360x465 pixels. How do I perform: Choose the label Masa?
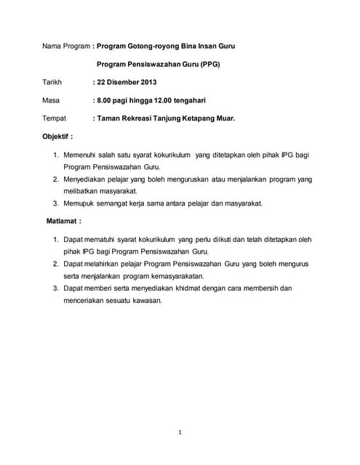[52, 100]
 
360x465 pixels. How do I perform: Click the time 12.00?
[177, 100]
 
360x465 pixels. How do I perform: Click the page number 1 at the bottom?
[180, 432]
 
